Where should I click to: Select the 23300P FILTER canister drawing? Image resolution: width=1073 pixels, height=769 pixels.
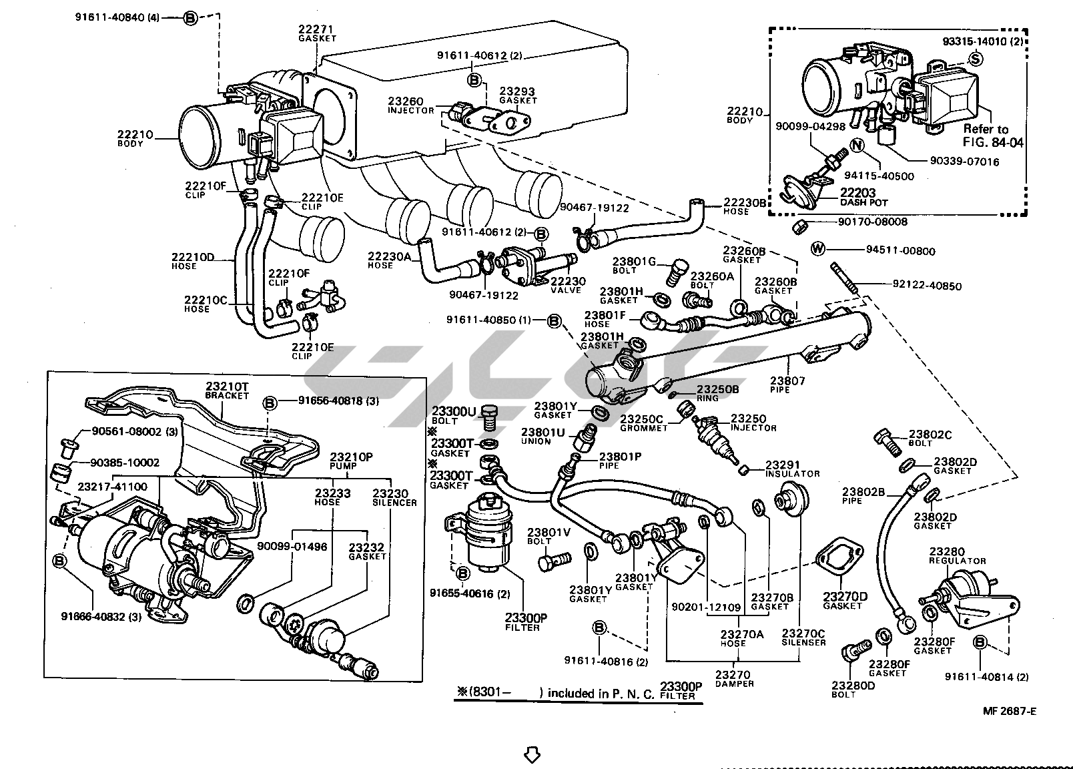coord(489,535)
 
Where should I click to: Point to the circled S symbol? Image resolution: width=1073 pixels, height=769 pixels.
coord(975,59)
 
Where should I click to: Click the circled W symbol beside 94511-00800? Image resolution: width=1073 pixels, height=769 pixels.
coord(818,250)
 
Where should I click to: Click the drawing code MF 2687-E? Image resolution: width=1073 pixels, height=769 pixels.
coord(1009,710)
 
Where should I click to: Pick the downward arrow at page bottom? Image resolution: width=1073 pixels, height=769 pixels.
coord(531,754)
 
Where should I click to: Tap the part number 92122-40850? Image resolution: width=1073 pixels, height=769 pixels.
coord(927,286)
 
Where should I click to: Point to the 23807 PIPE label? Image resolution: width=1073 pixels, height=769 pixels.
coord(787,384)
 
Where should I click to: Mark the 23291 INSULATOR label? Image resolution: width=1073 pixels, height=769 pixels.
coord(792,469)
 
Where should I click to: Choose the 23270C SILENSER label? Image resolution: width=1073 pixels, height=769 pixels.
coord(803,637)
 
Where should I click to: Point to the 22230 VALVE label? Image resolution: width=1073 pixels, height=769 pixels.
coord(566,285)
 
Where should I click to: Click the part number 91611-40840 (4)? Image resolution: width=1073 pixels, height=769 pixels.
coord(126,17)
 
